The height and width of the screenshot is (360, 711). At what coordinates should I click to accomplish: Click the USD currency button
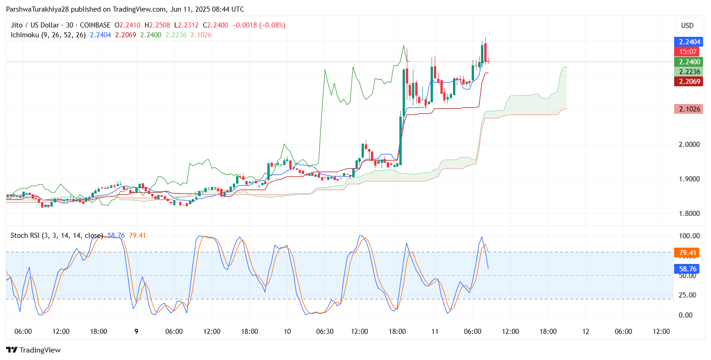(688, 25)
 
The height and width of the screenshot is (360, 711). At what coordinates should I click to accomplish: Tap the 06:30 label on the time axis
(325, 332)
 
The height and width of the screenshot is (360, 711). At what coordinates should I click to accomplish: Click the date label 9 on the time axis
(136, 332)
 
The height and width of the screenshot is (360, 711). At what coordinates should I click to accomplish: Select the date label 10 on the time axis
(287, 332)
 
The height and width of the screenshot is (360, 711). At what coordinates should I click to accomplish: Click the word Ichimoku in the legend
(23, 35)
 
